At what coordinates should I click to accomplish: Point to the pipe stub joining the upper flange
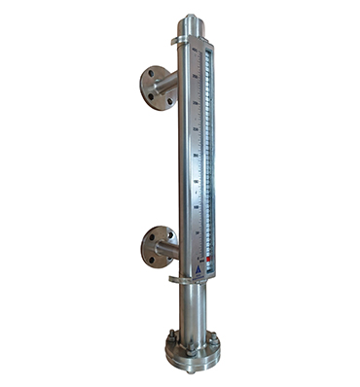click(171, 86)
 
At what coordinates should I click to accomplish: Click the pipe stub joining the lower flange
click(171, 248)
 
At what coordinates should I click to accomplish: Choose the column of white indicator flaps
click(206, 156)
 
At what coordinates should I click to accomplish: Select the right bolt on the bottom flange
click(213, 340)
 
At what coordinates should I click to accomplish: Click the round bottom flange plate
click(192, 354)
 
